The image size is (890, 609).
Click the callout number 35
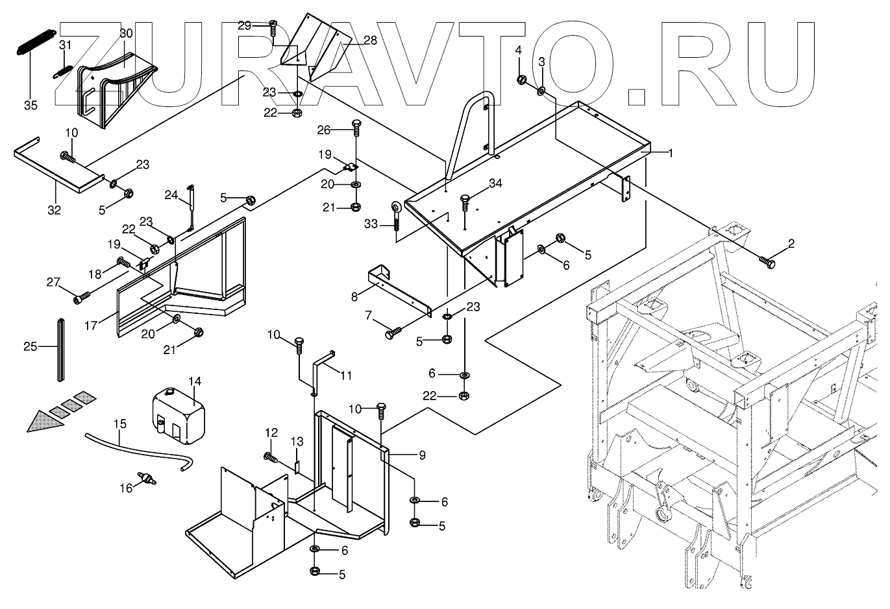click(31, 105)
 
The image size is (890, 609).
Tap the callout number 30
click(126, 32)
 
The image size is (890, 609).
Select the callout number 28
click(369, 40)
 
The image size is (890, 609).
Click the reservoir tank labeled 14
click(177, 416)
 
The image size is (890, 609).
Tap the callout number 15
click(120, 424)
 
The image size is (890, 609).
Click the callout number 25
click(31, 347)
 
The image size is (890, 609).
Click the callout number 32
click(54, 209)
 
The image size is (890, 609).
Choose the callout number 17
click(92, 326)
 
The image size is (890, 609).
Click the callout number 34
click(496, 184)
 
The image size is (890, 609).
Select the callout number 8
click(354, 297)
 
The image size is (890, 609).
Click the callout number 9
click(422, 455)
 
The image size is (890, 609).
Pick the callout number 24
click(171, 195)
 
